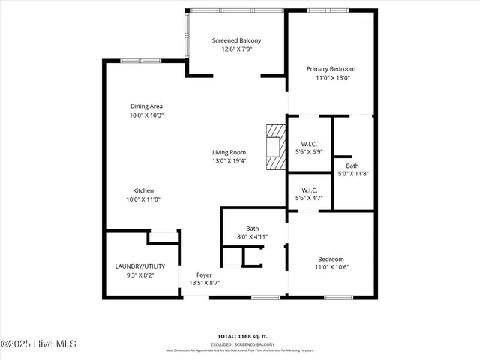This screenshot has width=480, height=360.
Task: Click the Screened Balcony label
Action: pos(236,40)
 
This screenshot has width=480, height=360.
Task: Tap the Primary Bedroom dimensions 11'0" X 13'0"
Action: pos(330,77)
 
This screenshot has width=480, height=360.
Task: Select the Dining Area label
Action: pos(146,106)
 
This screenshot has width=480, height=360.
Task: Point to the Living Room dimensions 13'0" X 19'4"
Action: pos(228,160)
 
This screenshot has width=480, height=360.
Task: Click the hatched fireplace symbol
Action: pos(276,146)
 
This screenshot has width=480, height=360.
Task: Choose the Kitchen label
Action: pos(143,190)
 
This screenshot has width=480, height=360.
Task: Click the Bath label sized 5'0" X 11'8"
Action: pos(352,166)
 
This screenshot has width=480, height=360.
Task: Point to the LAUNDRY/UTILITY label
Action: pos(145,266)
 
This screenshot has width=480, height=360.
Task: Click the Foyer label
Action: pos(204,274)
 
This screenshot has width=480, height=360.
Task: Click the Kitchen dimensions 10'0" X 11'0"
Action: pos(143,199)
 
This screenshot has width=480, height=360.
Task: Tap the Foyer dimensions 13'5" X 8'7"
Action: pos(204,283)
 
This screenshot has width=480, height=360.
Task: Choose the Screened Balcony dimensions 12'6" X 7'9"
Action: pos(236,49)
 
